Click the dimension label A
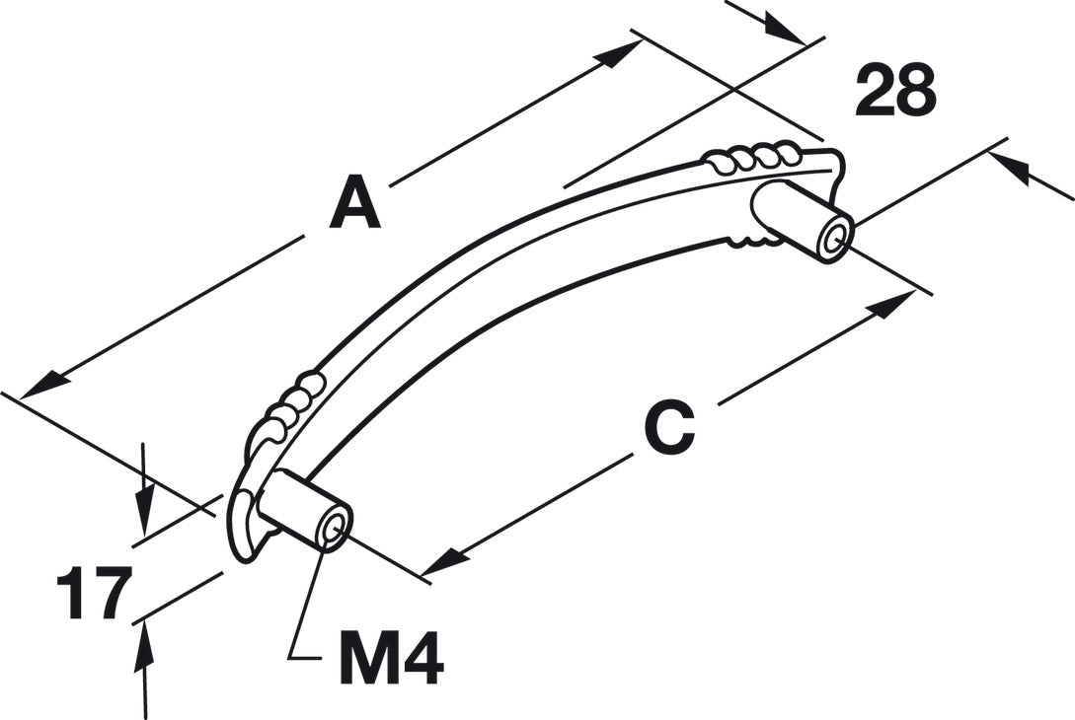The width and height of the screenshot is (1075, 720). point(354,202)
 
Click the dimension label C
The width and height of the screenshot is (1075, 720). point(669,428)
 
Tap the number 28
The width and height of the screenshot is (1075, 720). point(895,91)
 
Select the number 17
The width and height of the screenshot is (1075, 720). point(94,594)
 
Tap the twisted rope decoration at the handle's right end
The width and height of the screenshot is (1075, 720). point(750,158)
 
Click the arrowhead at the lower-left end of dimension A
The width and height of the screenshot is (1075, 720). point(42,385)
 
